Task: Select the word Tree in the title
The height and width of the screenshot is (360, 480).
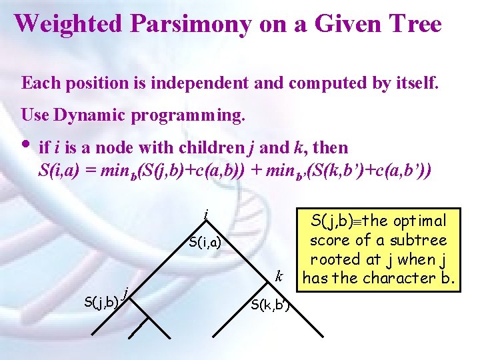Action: [x=413, y=23]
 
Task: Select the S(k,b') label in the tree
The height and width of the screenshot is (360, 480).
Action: [x=267, y=306]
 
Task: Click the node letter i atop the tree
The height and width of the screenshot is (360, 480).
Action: [x=206, y=215]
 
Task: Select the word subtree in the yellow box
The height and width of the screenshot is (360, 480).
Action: [x=418, y=240]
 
